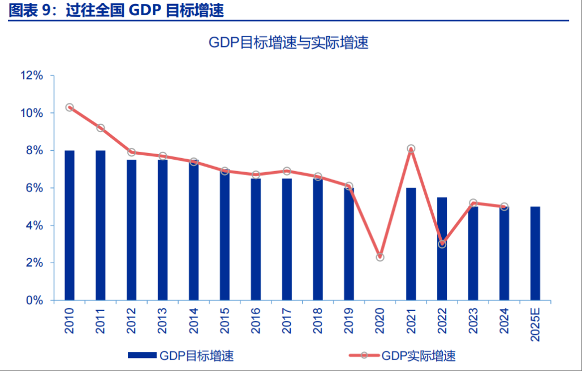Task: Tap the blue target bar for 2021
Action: coord(411,243)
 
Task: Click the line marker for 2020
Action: coord(380,257)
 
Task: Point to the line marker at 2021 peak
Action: coord(411,149)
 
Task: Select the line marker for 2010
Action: coord(70,107)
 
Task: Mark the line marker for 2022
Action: coord(442,244)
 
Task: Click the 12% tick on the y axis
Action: coord(32,76)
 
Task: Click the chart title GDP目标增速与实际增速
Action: coord(288,43)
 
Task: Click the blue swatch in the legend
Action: coord(142,356)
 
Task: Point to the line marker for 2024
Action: coord(504,207)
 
